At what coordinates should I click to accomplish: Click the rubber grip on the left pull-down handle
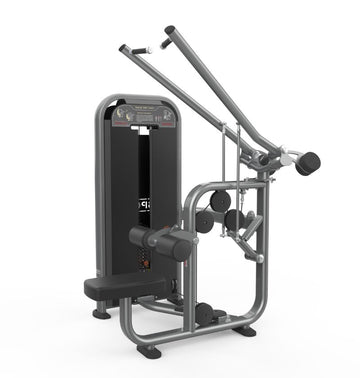coord(128,50)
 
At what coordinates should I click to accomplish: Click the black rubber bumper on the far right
coord(307,162)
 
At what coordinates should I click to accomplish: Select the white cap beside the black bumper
coord(287,158)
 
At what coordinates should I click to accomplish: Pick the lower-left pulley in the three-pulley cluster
coord(205,223)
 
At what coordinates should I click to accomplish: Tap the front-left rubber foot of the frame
coord(149,351)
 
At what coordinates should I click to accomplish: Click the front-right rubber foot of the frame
coord(245,331)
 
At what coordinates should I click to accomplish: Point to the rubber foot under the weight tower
coord(102,313)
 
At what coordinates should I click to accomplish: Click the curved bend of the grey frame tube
coord(195,195)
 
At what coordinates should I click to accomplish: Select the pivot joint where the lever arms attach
coord(262,158)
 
